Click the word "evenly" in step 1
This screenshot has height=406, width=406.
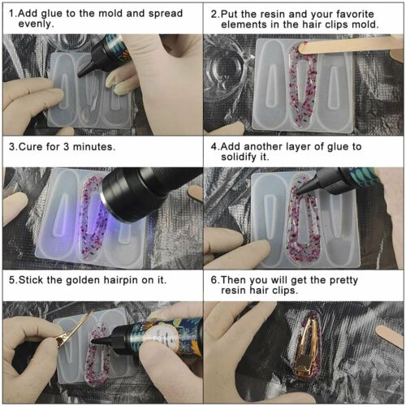[35, 24]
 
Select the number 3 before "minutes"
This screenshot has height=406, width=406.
[66, 147]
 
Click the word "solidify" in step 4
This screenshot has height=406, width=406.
[239, 157]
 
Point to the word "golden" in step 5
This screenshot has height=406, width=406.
[84, 280]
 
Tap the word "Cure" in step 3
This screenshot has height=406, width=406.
[31, 147]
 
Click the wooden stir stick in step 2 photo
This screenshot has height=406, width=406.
[349, 45]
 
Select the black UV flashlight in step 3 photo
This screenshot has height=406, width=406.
[146, 192]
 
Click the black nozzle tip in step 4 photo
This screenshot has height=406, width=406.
[300, 192]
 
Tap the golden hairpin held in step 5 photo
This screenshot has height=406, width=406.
[71, 331]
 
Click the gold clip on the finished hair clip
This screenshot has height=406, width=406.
[308, 349]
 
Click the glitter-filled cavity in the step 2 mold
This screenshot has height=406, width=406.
[303, 86]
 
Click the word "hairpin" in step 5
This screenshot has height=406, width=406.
[121, 280]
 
